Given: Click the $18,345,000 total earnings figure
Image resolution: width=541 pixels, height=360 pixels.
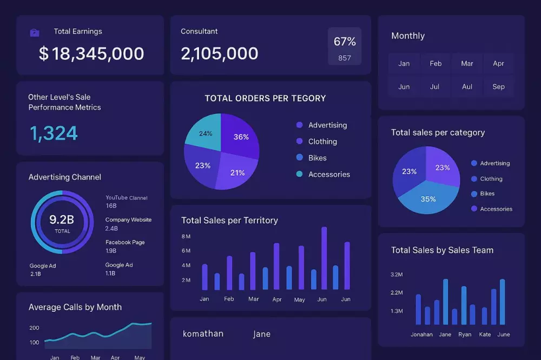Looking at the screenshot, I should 91,54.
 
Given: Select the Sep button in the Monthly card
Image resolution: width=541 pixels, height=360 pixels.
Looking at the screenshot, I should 498,86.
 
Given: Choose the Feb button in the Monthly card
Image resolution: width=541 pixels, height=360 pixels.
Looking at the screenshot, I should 436,63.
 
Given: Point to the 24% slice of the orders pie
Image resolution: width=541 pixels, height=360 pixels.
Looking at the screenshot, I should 204,133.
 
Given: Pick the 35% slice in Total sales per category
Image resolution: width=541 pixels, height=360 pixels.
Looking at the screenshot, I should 428,199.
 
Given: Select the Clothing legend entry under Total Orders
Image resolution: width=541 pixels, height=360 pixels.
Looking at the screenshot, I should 322,142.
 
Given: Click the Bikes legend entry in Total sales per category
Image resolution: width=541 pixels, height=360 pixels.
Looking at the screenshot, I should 487,194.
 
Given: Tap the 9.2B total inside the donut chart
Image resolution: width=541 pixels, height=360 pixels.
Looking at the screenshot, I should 62,219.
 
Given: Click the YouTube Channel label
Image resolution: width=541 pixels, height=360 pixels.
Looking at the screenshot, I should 126,198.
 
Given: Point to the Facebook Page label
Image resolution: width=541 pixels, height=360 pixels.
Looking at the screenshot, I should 125,242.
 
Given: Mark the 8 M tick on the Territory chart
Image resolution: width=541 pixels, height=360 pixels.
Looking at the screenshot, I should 186,236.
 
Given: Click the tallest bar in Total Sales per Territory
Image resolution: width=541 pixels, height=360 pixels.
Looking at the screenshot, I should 324,258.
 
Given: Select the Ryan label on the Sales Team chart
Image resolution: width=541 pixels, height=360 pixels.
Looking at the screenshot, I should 465,334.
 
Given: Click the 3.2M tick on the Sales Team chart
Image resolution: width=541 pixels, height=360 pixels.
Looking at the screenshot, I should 397,275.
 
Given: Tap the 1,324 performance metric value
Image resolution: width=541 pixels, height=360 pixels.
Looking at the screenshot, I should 54,133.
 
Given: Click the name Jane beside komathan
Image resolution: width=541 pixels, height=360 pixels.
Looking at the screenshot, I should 262,334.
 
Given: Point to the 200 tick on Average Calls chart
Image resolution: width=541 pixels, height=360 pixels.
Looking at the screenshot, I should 34,328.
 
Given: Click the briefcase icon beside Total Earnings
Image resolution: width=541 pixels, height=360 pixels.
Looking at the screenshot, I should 35,33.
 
